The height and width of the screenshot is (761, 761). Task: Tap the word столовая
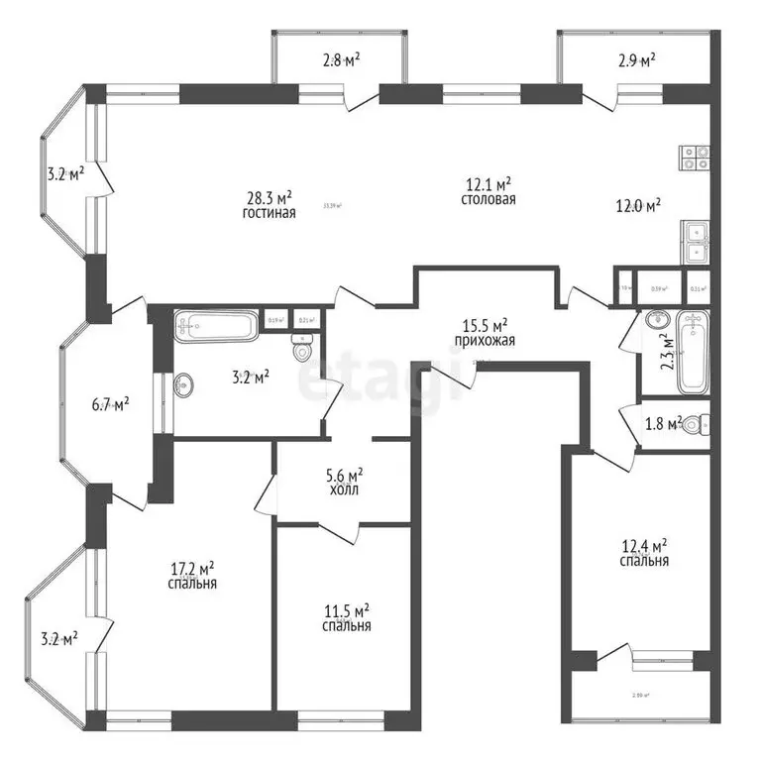click(x=489, y=199)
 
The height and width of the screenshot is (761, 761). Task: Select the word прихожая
click(x=486, y=340)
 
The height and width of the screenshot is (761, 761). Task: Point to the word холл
click(x=346, y=489)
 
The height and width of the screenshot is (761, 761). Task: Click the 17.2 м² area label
click(x=193, y=569)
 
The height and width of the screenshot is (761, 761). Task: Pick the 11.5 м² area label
click(x=347, y=610)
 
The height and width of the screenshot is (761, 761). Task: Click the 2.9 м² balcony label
click(x=635, y=61)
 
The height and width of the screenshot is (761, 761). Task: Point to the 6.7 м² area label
click(x=109, y=404)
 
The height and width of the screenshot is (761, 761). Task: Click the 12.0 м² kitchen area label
click(x=639, y=206)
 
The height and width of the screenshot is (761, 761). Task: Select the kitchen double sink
click(x=695, y=240)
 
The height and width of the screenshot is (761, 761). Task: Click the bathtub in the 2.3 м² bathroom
click(x=695, y=352)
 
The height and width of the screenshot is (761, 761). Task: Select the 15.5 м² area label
click(x=487, y=324)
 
